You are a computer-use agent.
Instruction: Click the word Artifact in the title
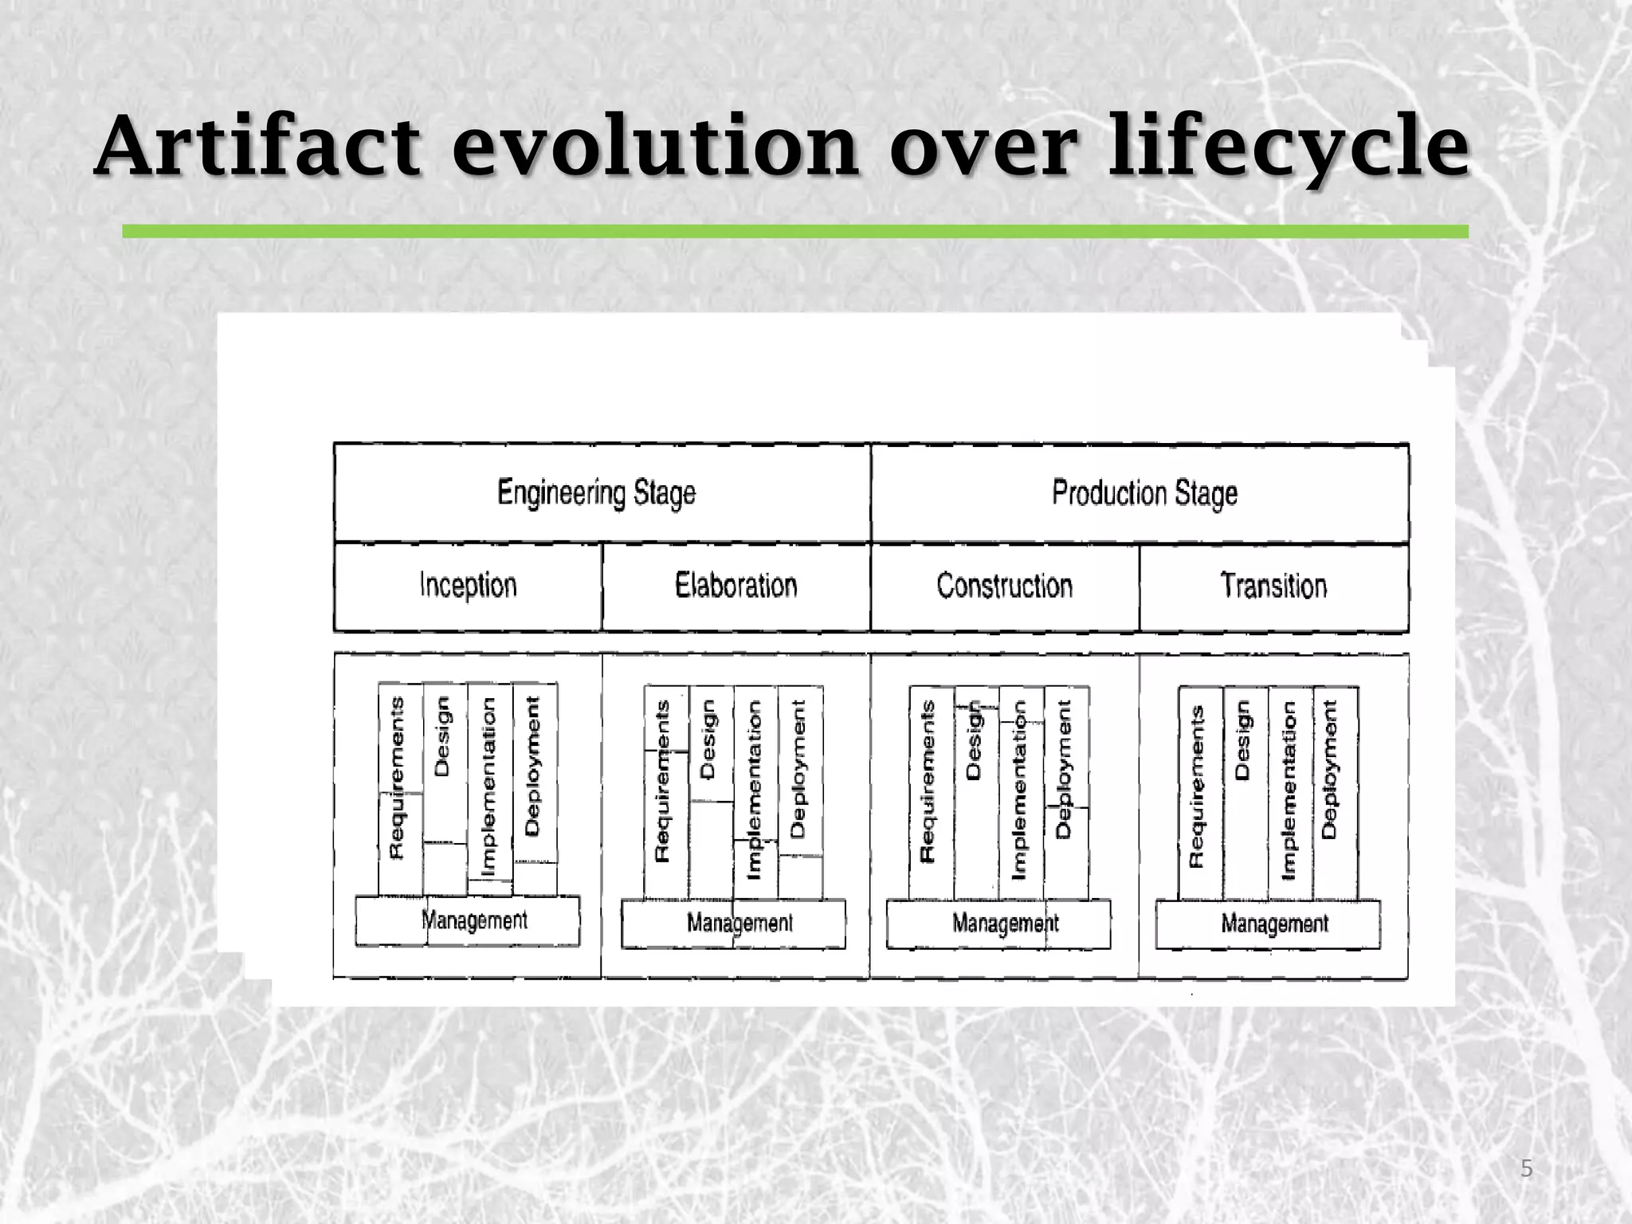click(x=257, y=147)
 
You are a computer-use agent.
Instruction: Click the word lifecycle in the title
click(x=1289, y=147)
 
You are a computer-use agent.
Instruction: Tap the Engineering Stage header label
click(x=596, y=492)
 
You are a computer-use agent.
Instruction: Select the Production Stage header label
click(x=1144, y=492)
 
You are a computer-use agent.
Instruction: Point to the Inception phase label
click(x=468, y=586)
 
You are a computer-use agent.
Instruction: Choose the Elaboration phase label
click(x=736, y=586)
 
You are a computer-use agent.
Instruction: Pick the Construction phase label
click(x=1004, y=586)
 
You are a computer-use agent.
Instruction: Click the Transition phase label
click(x=1273, y=586)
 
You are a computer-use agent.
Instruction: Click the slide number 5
click(x=1527, y=1169)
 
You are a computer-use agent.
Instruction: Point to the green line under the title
click(x=794, y=231)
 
